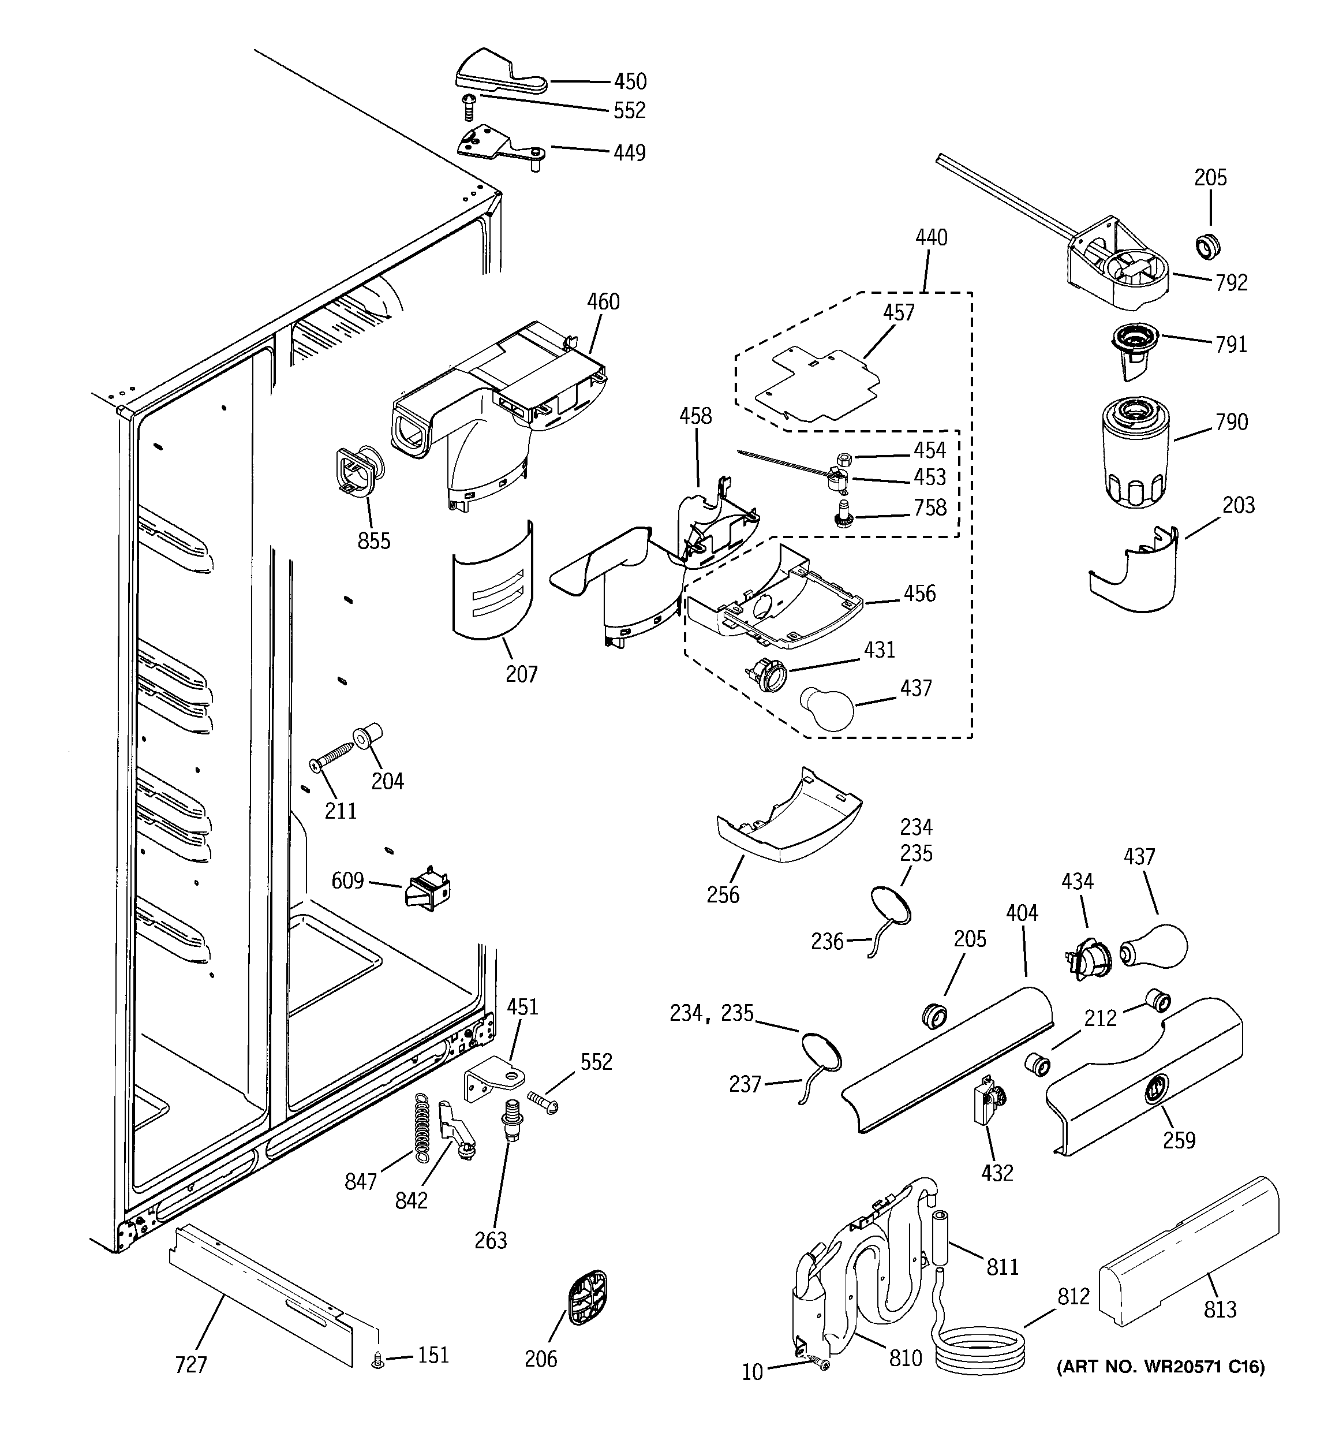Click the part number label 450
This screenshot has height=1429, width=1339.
[629, 81]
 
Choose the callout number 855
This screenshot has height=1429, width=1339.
[374, 540]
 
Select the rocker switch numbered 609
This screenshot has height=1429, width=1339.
[428, 891]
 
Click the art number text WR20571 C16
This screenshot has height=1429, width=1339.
[1160, 1365]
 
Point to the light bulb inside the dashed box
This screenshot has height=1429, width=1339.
[826, 707]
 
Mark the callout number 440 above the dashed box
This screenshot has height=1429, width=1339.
[931, 238]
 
